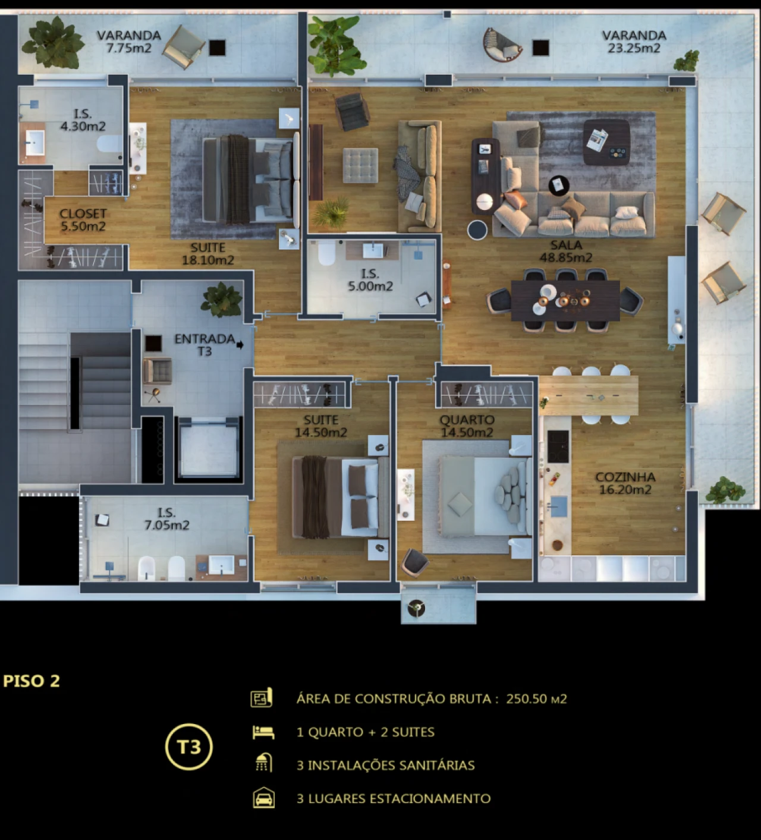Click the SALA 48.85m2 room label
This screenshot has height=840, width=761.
[x=565, y=251]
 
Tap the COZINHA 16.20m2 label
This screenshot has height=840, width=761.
[x=625, y=483]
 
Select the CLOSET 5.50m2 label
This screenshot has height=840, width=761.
[x=83, y=219]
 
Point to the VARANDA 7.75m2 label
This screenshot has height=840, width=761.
[x=129, y=42]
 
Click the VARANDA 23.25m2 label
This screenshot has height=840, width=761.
[x=634, y=42]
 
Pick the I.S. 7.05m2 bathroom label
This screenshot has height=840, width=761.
[x=166, y=519]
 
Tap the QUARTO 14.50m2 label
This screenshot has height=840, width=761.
[x=467, y=426]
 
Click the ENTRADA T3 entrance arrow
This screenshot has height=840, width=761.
[x=240, y=344]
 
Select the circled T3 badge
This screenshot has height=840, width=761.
[x=189, y=747]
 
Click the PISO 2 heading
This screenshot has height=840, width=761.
[x=32, y=681]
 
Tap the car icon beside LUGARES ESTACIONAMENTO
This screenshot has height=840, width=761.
[x=263, y=798]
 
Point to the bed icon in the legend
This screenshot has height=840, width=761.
[x=263, y=732]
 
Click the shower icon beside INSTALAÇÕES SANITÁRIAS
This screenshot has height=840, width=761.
[x=263, y=763]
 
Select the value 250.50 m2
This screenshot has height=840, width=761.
[x=536, y=699]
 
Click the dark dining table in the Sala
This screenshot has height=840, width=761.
[x=565, y=300]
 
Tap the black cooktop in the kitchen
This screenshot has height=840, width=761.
[x=557, y=446]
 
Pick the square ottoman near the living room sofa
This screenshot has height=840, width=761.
[x=360, y=165]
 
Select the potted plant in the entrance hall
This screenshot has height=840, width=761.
[x=222, y=299]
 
